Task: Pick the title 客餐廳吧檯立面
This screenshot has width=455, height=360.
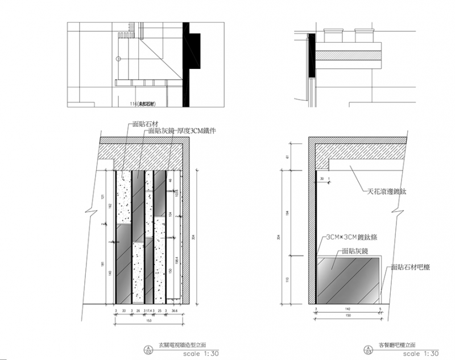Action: pyautogui.click(x=400, y=345)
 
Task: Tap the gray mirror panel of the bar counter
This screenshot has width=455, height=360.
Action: pyautogui.click(x=348, y=280)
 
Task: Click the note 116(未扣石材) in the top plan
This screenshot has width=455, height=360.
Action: pyautogui.click(x=142, y=103)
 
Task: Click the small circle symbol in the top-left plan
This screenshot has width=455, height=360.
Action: pyautogui.click(x=117, y=59)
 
